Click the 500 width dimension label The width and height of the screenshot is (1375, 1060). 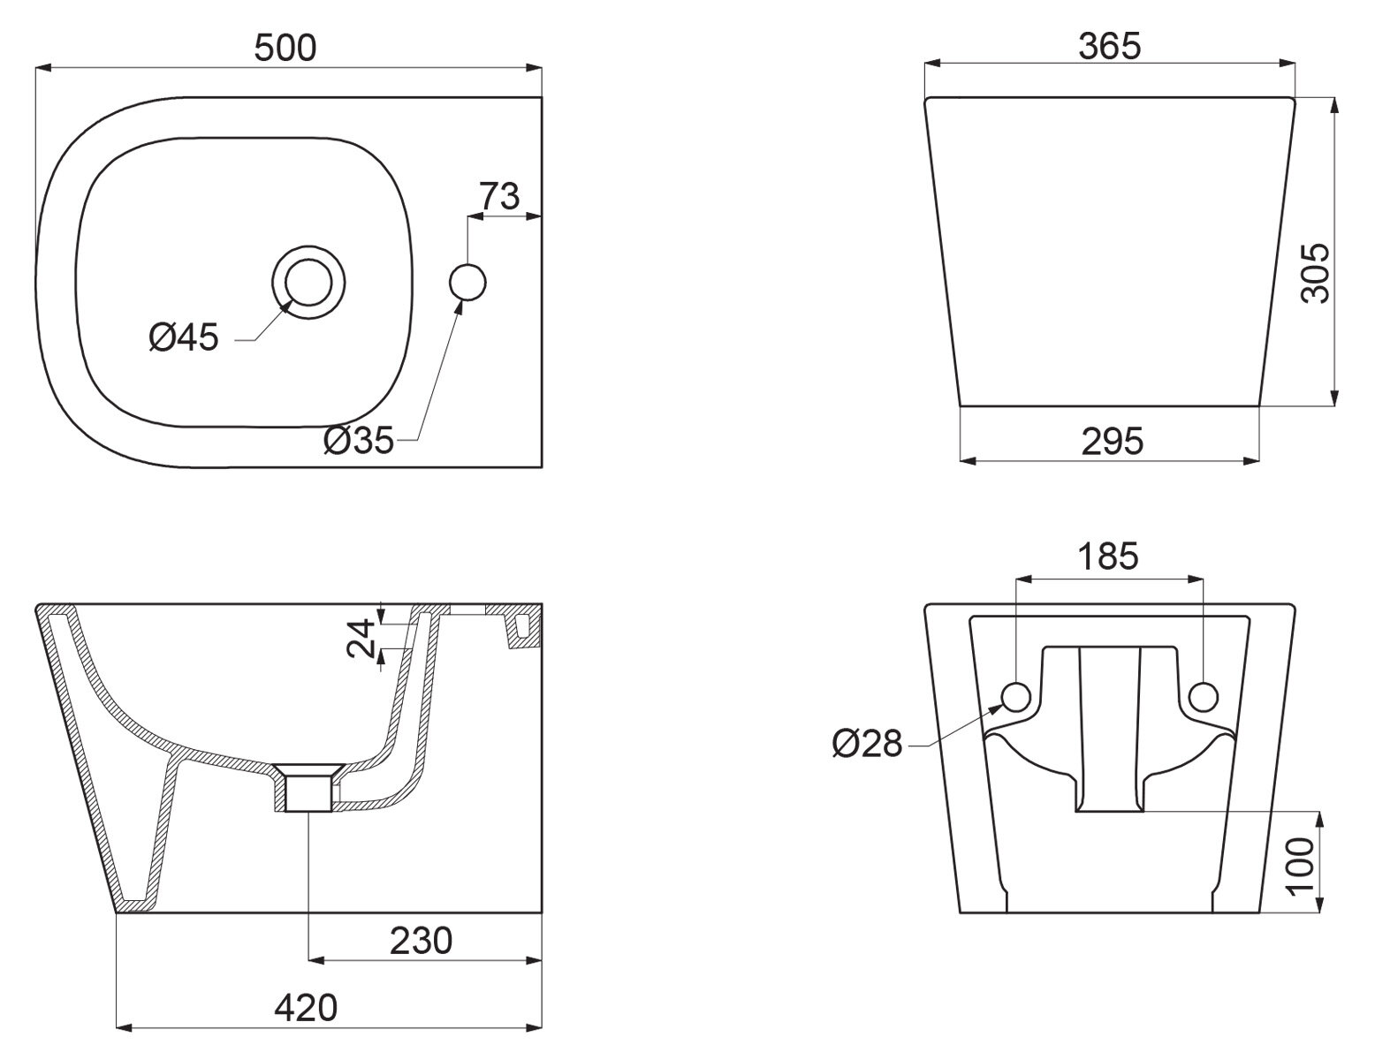[x=285, y=48]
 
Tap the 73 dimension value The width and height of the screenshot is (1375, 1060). [x=499, y=195]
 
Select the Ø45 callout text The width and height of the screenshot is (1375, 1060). [x=184, y=337]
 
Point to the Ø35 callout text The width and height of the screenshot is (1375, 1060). [x=358, y=439]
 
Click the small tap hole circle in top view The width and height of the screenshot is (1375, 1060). [x=467, y=282]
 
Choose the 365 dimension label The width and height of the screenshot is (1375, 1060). [x=1110, y=46]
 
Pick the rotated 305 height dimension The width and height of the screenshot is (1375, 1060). [x=1316, y=273]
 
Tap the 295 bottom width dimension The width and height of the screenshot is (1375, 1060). [x=1112, y=441]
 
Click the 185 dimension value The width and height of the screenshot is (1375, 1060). [x=1108, y=556]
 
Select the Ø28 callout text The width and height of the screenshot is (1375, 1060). [x=867, y=745]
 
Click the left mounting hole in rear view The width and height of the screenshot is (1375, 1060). [x=1016, y=697]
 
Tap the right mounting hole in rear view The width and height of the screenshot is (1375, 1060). [x=1202, y=697]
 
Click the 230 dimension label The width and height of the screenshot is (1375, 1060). [x=421, y=940]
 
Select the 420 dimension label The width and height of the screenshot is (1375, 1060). [x=306, y=1008]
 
